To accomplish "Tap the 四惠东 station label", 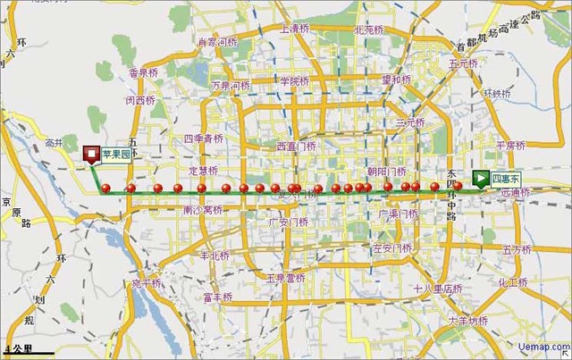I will [506, 178].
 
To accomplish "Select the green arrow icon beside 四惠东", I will [482, 178].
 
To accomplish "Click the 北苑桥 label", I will [368, 29].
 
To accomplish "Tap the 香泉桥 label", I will [143, 72].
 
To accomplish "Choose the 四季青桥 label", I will [203, 138].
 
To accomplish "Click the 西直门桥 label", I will [296, 146].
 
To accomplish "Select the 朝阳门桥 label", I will [387, 170].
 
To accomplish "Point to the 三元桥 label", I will [410, 122].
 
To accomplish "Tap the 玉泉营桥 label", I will [285, 278].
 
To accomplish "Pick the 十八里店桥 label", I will [437, 289].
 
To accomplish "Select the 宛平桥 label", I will [147, 283].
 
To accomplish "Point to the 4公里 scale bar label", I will [19, 347].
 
